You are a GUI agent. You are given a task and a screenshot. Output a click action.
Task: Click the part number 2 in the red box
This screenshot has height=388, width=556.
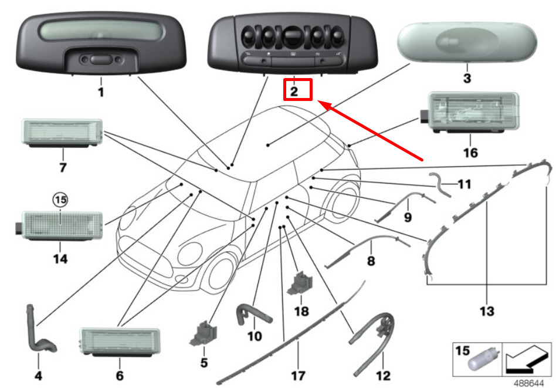click(294, 92)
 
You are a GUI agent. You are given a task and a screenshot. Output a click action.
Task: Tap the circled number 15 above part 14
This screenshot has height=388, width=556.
click(60, 200)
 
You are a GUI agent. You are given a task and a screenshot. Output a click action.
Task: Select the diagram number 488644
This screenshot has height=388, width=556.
click(528, 383)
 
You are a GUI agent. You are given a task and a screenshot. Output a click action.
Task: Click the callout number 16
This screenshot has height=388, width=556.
click(470, 153)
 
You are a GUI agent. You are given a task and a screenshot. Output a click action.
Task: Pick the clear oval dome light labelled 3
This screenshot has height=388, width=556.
click(467, 43)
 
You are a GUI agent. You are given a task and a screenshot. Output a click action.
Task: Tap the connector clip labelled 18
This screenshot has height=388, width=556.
click(300, 284)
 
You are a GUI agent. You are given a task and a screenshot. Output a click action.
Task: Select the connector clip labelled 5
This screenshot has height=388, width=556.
click(203, 333)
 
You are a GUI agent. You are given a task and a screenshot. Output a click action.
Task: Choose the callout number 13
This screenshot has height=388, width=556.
click(487, 311)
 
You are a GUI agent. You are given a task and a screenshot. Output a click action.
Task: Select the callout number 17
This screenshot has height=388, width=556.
click(298, 376)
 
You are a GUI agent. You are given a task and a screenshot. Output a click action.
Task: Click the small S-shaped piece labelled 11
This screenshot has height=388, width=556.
click(440, 184)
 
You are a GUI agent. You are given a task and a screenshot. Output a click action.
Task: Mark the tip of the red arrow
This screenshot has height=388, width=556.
click(318, 102)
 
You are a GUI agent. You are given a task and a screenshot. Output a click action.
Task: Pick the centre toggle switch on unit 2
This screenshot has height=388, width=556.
click(292, 36)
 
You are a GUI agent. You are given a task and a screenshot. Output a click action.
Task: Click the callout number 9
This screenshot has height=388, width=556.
click(408, 217)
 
